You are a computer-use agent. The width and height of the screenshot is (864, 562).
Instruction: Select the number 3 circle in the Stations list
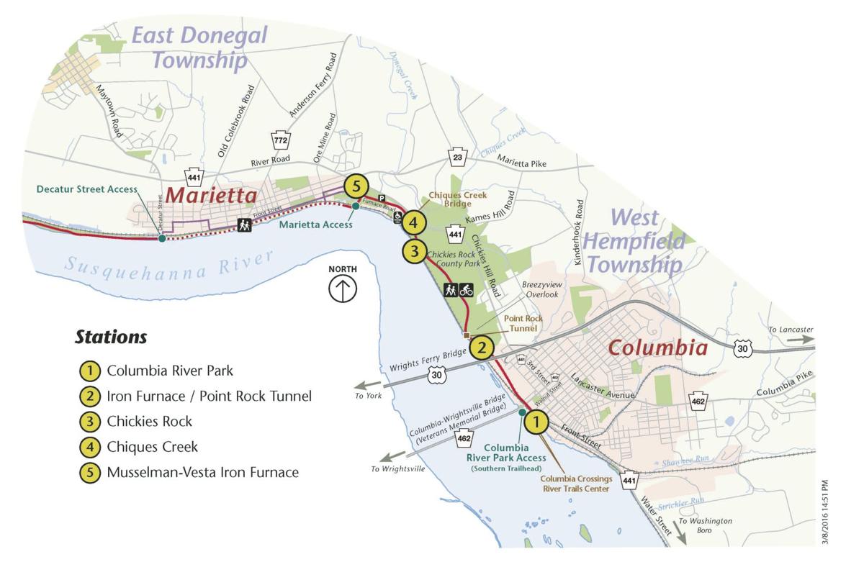coord(89,421)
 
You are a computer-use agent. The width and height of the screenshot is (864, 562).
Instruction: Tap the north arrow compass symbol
coord(343,289)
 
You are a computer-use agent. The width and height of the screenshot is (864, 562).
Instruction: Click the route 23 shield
coord(457,158)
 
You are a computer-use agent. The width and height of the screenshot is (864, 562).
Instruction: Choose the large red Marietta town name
coord(211,196)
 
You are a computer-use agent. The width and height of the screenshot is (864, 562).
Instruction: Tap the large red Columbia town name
coord(657,348)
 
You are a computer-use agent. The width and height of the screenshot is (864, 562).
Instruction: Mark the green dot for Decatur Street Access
coord(162,238)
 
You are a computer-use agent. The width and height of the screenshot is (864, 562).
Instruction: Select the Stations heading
coord(111,337)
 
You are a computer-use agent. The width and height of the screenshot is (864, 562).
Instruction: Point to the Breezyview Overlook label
coord(541,289)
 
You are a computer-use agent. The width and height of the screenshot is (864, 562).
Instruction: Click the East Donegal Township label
coord(199,47)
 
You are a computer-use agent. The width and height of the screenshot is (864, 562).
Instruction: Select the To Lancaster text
coord(790,330)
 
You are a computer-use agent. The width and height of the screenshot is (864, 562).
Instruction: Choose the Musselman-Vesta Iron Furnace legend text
coord(202,473)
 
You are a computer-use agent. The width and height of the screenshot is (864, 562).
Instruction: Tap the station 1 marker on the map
coord(536,422)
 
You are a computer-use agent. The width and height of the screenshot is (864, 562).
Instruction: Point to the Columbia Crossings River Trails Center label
coord(575,484)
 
